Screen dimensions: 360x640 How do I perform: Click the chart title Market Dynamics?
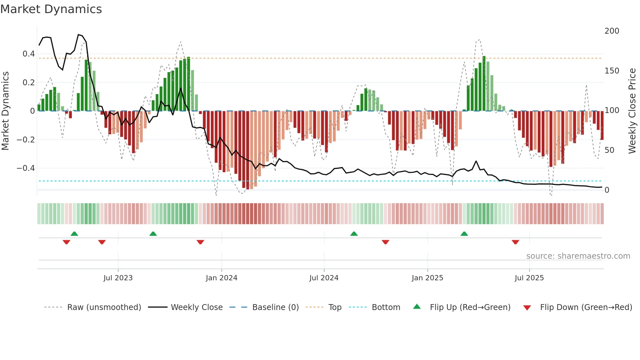point(51,9)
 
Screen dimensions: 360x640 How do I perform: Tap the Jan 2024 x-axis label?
point(221,278)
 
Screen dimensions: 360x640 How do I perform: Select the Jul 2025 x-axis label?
point(529,278)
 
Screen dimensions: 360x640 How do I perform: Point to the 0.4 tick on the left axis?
point(28,54)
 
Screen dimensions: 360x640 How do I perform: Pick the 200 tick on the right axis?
point(612,31)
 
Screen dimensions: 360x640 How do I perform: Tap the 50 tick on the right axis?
point(609,150)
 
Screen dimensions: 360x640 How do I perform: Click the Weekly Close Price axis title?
point(632,111)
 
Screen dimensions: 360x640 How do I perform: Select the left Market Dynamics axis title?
point(5,111)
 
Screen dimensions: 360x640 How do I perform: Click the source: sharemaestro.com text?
point(578,256)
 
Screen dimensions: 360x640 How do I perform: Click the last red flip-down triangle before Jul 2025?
point(515,242)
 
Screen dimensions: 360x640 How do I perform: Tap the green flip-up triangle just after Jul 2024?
point(354,234)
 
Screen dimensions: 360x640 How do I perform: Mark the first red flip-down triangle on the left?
point(66,242)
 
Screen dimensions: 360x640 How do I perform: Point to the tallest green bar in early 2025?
point(484,83)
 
